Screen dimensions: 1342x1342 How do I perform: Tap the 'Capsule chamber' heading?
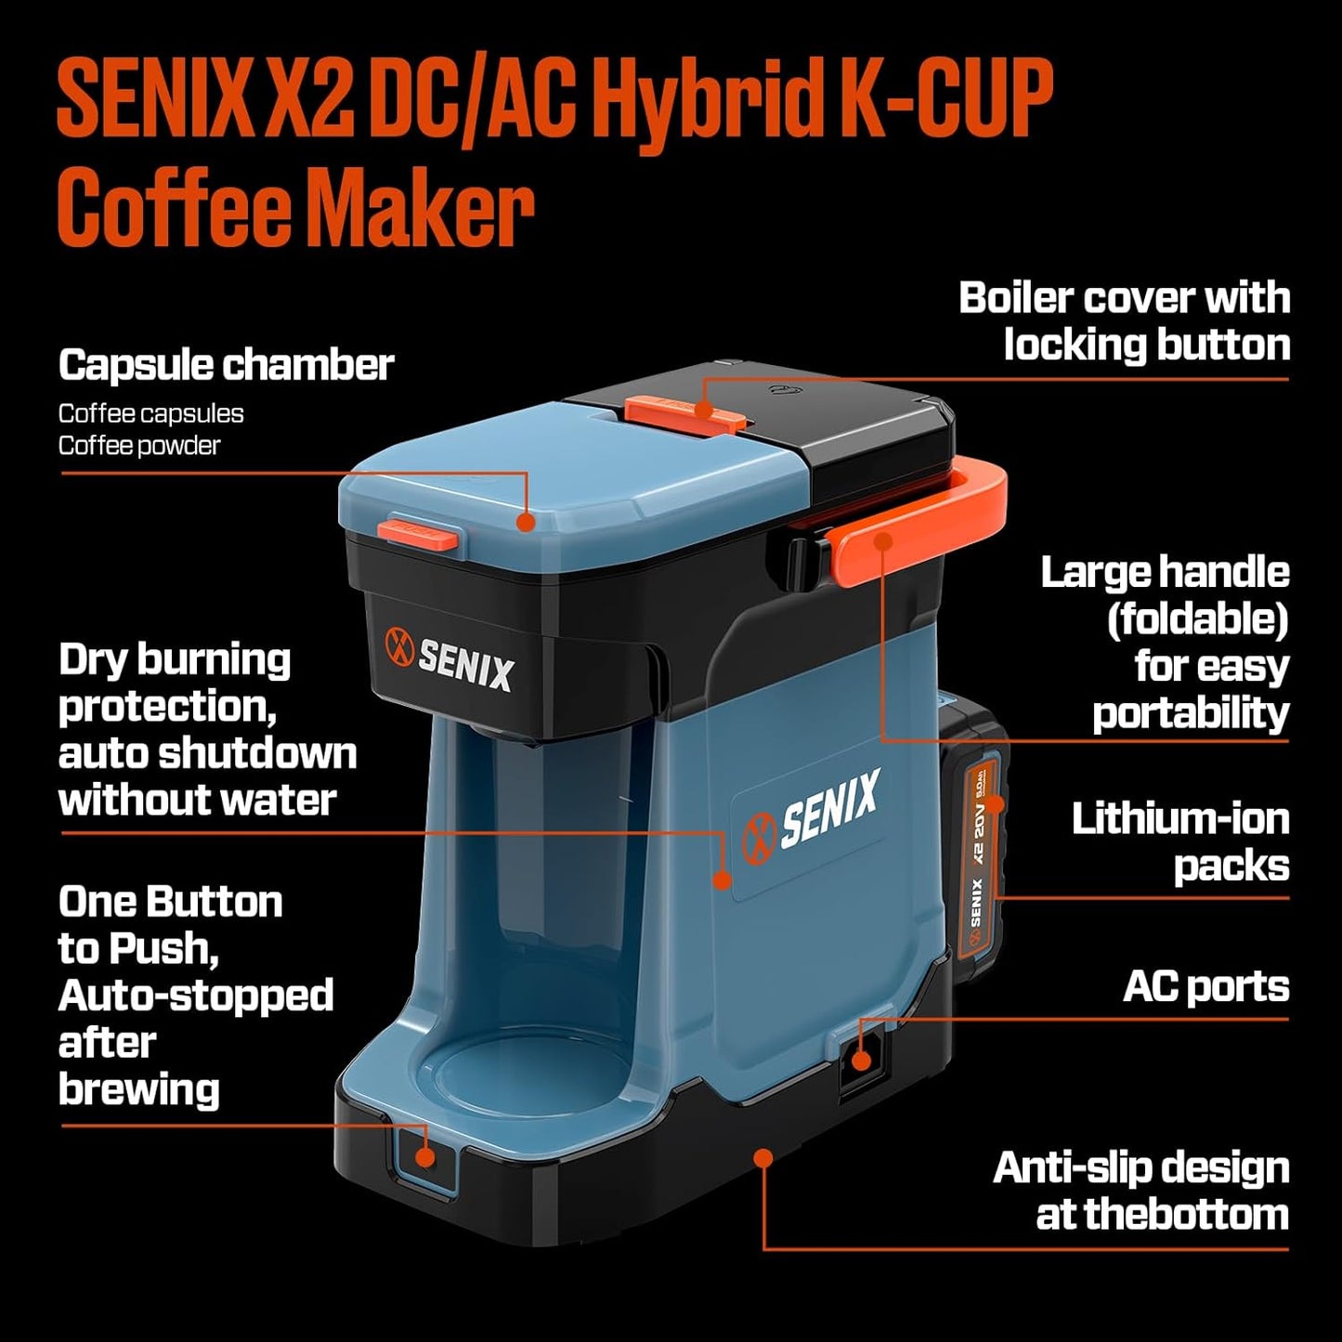[226, 365]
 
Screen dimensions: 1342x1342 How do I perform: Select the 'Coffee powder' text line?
[139, 446]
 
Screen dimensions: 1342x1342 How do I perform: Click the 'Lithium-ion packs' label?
[1180, 841]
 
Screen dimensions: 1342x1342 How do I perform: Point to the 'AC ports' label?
[1205, 986]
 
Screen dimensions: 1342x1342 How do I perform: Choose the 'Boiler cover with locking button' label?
[1124, 321]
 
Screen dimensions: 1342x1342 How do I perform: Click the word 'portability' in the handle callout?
[1191, 713]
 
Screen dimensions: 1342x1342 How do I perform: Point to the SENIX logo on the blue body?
[811, 810]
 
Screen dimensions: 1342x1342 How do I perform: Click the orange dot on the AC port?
[861, 1060]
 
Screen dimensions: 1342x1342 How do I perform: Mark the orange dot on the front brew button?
[425, 1157]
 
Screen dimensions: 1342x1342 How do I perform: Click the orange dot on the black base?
[763, 1157]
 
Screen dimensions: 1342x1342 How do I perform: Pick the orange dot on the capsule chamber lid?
[527, 521]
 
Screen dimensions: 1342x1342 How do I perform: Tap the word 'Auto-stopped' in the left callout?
[196, 996]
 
